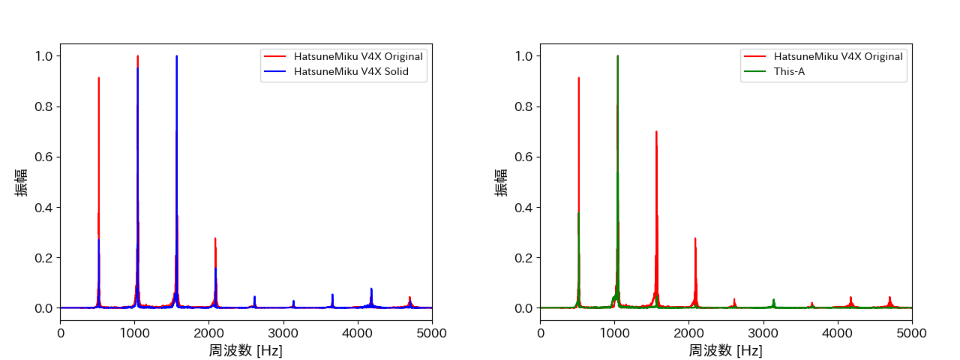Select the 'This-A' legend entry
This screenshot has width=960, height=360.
click(x=789, y=72)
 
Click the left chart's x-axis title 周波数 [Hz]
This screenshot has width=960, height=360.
click(x=246, y=350)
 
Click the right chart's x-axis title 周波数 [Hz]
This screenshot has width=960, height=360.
click(x=726, y=350)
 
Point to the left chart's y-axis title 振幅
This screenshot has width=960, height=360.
click(x=22, y=181)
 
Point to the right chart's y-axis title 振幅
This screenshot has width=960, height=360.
click(x=502, y=181)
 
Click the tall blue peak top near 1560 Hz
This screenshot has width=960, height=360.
click(x=176, y=56)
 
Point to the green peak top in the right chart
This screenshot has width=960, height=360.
click(x=617, y=56)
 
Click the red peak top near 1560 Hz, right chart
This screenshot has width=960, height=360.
click(x=656, y=132)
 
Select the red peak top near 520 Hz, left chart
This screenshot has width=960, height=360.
click(x=98, y=78)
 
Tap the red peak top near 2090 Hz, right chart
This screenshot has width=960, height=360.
click(x=695, y=238)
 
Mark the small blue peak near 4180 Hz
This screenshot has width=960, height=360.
click(x=370, y=289)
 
